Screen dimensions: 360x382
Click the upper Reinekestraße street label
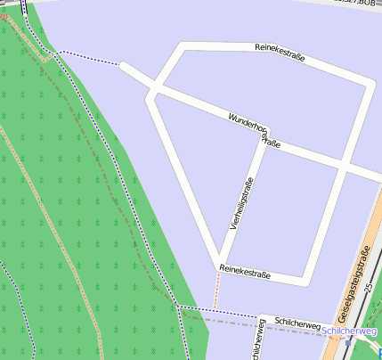coord(280,52)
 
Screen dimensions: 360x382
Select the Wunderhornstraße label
coord(255,129)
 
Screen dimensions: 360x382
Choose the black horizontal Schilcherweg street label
coord(297,325)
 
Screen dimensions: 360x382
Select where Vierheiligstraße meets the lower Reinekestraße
coord(216,264)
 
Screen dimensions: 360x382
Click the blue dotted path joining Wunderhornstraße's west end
coord(89,58)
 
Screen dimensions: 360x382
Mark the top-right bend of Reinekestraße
coord(369,84)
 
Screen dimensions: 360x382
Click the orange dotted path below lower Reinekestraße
coord(215,290)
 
